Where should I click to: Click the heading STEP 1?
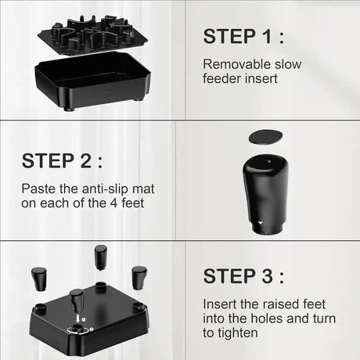point(243,36)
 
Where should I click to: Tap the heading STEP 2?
point(62,160)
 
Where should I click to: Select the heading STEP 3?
point(243,276)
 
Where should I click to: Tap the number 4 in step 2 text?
point(113,203)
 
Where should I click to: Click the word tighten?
point(237,333)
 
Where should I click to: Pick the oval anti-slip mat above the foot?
point(265,136)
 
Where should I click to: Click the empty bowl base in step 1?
point(92,81)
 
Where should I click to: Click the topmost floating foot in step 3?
point(101,257)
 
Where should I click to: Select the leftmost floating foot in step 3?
point(39,279)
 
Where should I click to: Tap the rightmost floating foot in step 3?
point(139,278)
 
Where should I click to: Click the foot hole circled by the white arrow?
point(77,329)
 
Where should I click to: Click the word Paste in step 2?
point(38,189)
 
